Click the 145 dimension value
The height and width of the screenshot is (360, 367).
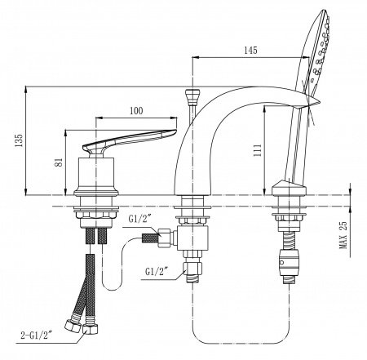(x=250, y=51)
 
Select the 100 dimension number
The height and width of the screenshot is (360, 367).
(x=136, y=111)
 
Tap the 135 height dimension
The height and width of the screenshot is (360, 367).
(x=19, y=140)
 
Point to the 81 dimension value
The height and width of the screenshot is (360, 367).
(x=60, y=162)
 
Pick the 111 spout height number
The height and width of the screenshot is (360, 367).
(x=257, y=150)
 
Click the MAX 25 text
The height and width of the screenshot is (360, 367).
(x=343, y=234)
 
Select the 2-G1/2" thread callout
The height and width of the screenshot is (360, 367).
(x=37, y=336)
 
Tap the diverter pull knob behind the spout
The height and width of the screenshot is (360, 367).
(x=192, y=97)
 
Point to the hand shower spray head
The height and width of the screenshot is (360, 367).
(x=316, y=51)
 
